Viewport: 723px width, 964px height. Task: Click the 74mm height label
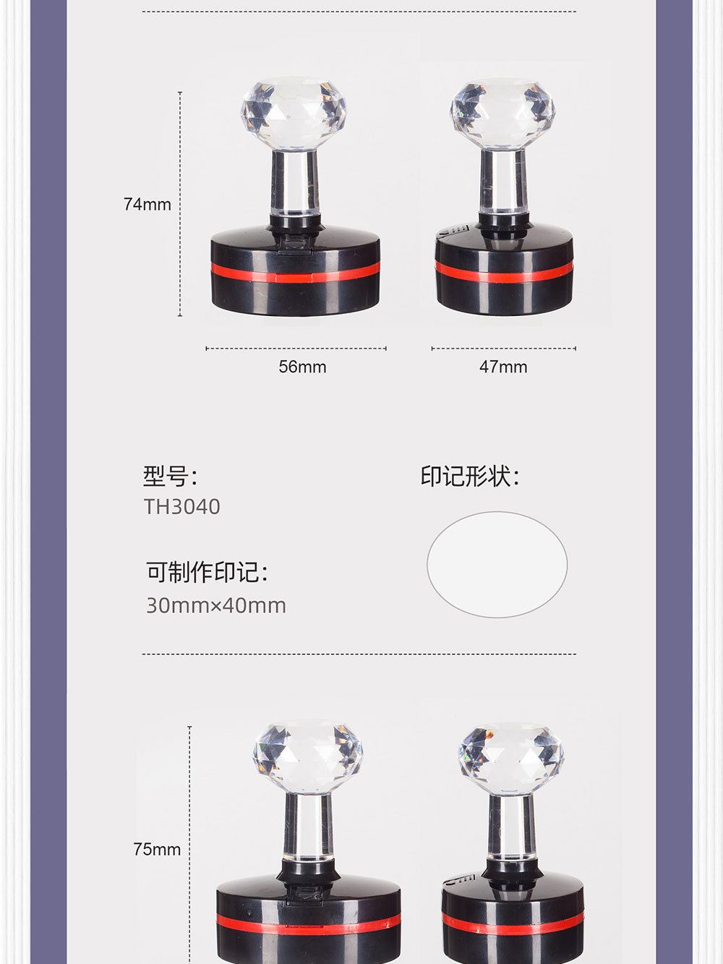pyautogui.click(x=147, y=204)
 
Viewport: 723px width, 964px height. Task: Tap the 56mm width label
pyautogui.click(x=302, y=367)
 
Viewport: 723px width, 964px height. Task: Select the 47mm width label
pyautogui.click(x=503, y=367)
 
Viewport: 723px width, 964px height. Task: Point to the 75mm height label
pyautogui.click(x=157, y=849)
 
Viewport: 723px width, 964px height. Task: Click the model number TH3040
pyautogui.click(x=181, y=507)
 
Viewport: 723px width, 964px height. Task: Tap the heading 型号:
pyautogui.click(x=171, y=476)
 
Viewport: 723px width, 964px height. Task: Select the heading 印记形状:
pyautogui.click(x=470, y=476)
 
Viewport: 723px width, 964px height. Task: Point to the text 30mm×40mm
pyautogui.click(x=216, y=605)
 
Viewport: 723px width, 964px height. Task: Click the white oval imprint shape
pyautogui.click(x=497, y=564)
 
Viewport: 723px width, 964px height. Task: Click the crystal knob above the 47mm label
pyautogui.click(x=503, y=116)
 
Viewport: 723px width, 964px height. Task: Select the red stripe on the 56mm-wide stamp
pyautogui.click(x=295, y=276)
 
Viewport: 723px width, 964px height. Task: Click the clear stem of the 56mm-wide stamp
pyautogui.click(x=294, y=184)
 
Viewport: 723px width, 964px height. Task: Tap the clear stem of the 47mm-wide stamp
pyautogui.click(x=503, y=184)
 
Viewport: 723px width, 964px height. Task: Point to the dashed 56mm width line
pyautogui.click(x=296, y=349)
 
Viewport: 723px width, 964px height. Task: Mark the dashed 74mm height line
pyautogui.click(x=180, y=204)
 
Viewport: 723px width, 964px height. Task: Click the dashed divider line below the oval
pyautogui.click(x=359, y=654)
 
